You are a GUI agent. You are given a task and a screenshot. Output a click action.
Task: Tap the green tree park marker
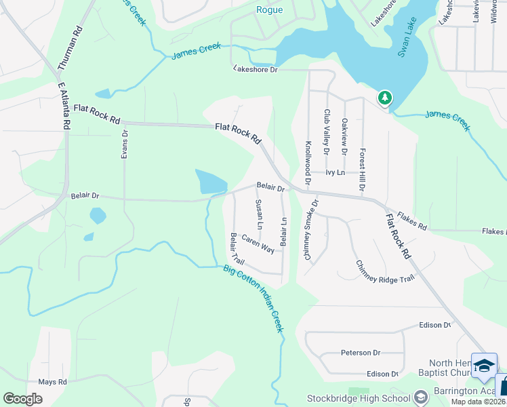[x=385, y=98]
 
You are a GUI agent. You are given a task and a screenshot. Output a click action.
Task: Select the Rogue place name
[x=269, y=9]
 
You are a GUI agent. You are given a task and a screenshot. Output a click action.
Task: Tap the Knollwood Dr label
[x=308, y=163]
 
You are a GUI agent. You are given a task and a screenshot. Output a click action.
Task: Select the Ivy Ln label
[x=336, y=172]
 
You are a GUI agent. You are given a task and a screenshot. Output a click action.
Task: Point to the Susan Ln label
[x=259, y=214]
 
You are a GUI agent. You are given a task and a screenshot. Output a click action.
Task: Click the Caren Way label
[x=258, y=244]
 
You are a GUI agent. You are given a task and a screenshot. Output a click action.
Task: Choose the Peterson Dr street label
[x=361, y=353]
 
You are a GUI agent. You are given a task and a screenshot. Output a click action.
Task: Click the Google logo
[x=22, y=399]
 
